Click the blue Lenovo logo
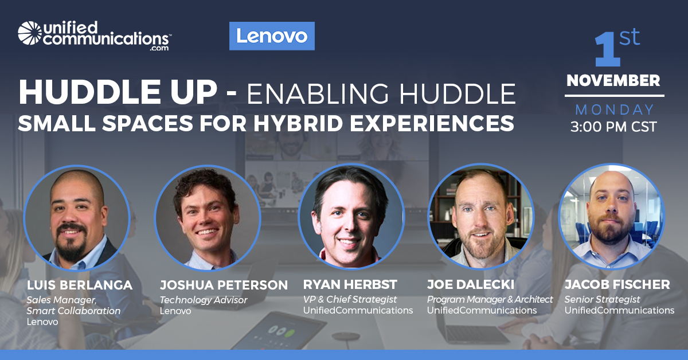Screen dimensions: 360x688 click(x=272, y=36)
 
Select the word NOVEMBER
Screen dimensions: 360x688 click(x=613, y=80)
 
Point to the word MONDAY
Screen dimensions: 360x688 click(x=614, y=109)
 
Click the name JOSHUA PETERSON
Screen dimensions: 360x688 click(x=224, y=285)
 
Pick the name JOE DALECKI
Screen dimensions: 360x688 click(x=471, y=285)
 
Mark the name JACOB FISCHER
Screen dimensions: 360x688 click(x=617, y=285)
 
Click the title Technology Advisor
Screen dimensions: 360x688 click(x=204, y=300)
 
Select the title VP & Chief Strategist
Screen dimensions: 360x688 click(x=350, y=299)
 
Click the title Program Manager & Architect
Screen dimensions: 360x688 click(x=490, y=299)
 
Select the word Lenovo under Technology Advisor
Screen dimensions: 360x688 click(x=175, y=311)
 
